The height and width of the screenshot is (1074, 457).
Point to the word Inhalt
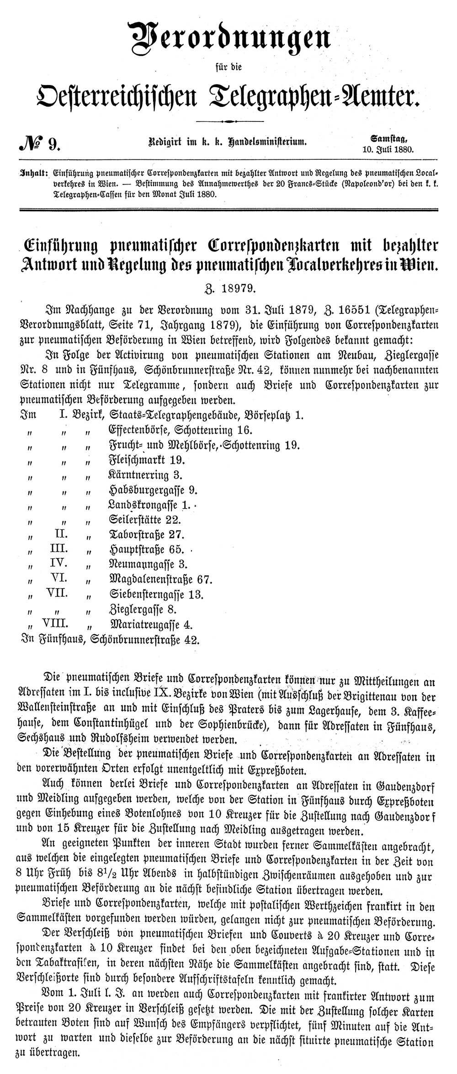32,174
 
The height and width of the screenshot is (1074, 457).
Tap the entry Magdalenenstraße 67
159,580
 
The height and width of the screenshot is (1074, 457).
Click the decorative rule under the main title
229,121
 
